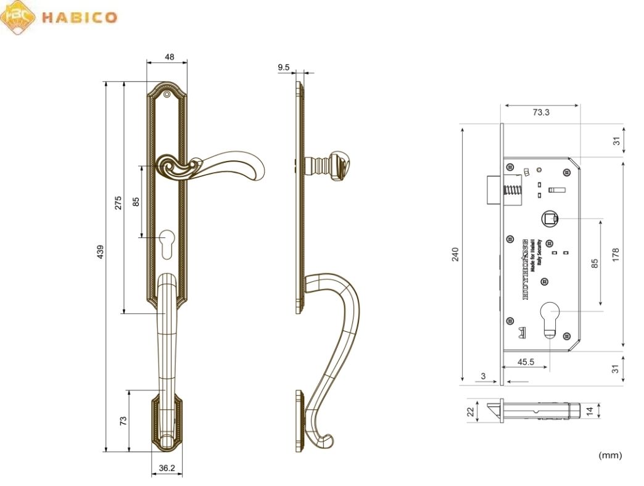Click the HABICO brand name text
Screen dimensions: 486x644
[x=78, y=17]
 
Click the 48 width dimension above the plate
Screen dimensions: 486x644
[x=169, y=57]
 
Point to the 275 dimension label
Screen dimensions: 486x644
[x=118, y=203]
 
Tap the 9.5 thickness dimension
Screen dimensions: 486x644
[x=284, y=66]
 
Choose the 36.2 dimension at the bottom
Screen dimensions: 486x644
[x=167, y=468]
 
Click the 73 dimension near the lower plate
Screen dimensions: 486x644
[x=123, y=421]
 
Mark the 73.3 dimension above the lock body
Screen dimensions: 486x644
[x=540, y=112]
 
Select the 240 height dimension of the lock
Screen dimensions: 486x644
[x=456, y=253]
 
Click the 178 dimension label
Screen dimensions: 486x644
[x=615, y=253]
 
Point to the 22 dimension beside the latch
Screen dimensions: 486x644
[x=469, y=411]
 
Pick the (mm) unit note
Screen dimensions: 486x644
[x=610, y=455]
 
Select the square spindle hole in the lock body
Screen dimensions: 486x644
[x=548, y=218]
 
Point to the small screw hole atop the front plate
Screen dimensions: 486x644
[x=167, y=94]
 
